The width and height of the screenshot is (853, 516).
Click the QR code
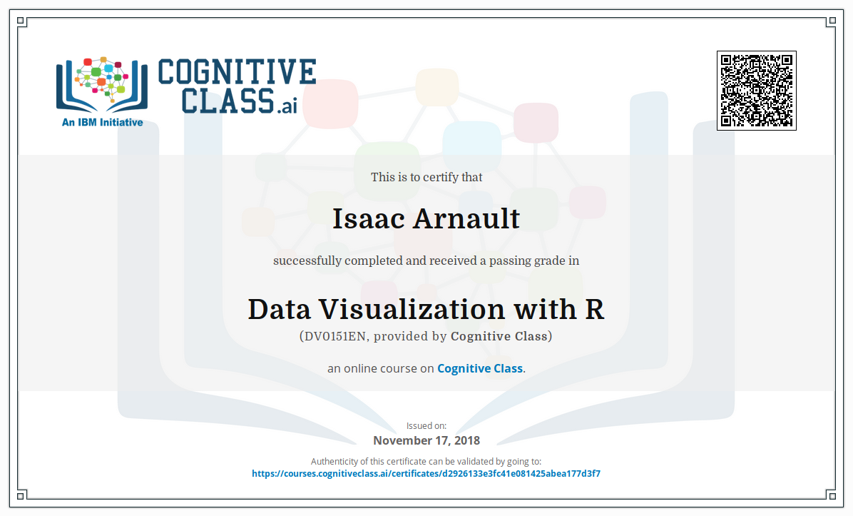(x=756, y=91)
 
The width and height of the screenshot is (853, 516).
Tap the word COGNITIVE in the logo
(x=237, y=72)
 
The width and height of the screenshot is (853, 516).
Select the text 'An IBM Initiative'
(x=102, y=123)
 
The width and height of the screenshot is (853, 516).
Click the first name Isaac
(x=369, y=219)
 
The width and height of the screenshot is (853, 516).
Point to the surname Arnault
(x=466, y=219)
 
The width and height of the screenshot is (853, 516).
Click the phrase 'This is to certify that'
(x=426, y=177)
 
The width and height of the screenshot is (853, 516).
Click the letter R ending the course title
(x=594, y=309)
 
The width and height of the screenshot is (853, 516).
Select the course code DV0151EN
(x=334, y=336)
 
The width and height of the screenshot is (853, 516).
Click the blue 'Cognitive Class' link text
(x=480, y=368)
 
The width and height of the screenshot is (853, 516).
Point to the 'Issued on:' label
(x=426, y=425)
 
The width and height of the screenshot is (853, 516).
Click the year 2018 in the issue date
(x=467, y=440)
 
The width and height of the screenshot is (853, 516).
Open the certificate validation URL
(x=426, y=474)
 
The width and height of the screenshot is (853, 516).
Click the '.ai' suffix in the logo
(x=287, y=105)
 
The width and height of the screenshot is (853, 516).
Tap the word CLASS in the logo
(x=228, y=101)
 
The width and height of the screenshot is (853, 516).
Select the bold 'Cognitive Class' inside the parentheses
(x=499, y=336)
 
